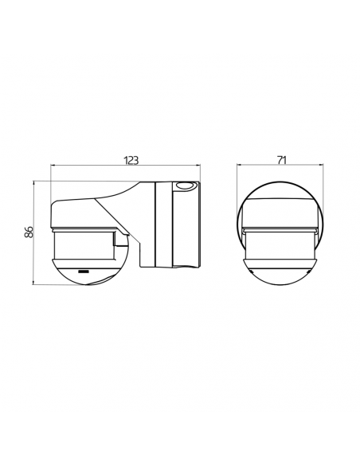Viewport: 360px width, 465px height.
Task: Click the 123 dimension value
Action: point(131,160)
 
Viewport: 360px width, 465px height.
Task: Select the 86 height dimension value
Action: point(29,232)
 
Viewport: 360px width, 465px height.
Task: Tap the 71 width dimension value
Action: point(282,160)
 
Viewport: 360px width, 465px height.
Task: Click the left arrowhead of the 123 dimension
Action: point(53,165)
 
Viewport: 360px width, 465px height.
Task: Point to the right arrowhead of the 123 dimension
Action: point(198,165)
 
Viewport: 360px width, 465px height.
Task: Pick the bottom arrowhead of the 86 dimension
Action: point(33,283)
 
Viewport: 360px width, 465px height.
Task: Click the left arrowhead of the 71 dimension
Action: point(239,165)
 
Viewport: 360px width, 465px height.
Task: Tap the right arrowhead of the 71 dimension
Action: point(321,165)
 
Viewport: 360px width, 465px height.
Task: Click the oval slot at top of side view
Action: point(185,186)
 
